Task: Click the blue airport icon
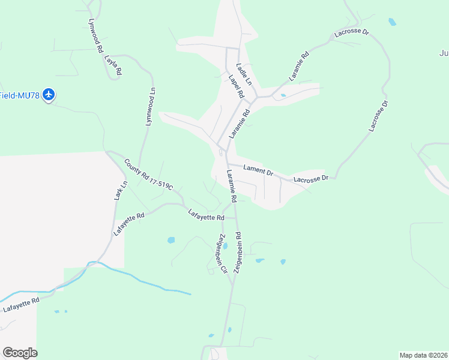coord(49,95)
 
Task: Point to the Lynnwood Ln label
coord(151,107)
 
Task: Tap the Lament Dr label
coord(258,170)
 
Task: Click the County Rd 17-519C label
coord(148,174)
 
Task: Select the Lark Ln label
coord(118,191)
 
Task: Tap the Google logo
coord(20,353)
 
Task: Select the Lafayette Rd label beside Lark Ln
coord(128,223)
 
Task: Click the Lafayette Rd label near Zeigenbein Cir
coord(206,214)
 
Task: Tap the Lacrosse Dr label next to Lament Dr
coord(310,179)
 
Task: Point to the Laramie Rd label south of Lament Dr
coord(232,185)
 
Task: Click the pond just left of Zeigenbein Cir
coord(171,240)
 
